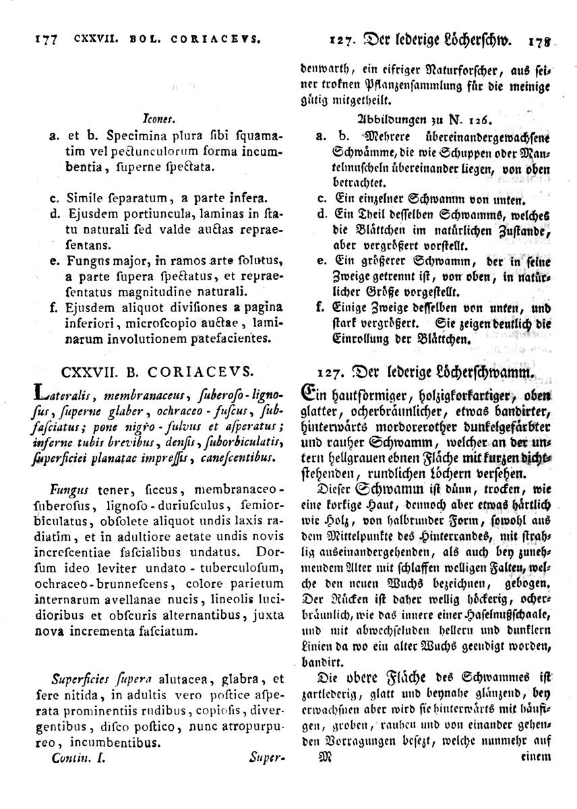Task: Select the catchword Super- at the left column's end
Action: point(268,758)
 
